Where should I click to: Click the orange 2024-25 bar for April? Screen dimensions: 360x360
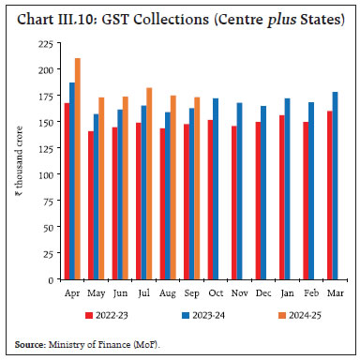77,169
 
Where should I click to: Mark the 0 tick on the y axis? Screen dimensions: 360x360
48,279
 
